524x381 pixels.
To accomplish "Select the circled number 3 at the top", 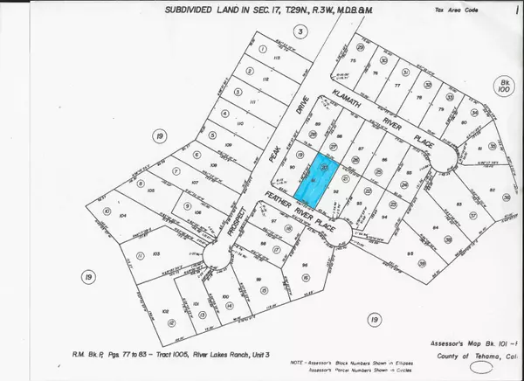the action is click(x=301, y=31).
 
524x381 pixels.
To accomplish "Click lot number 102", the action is click(x=166, y=311).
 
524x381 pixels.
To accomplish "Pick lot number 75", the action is click(x=353, y=60).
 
